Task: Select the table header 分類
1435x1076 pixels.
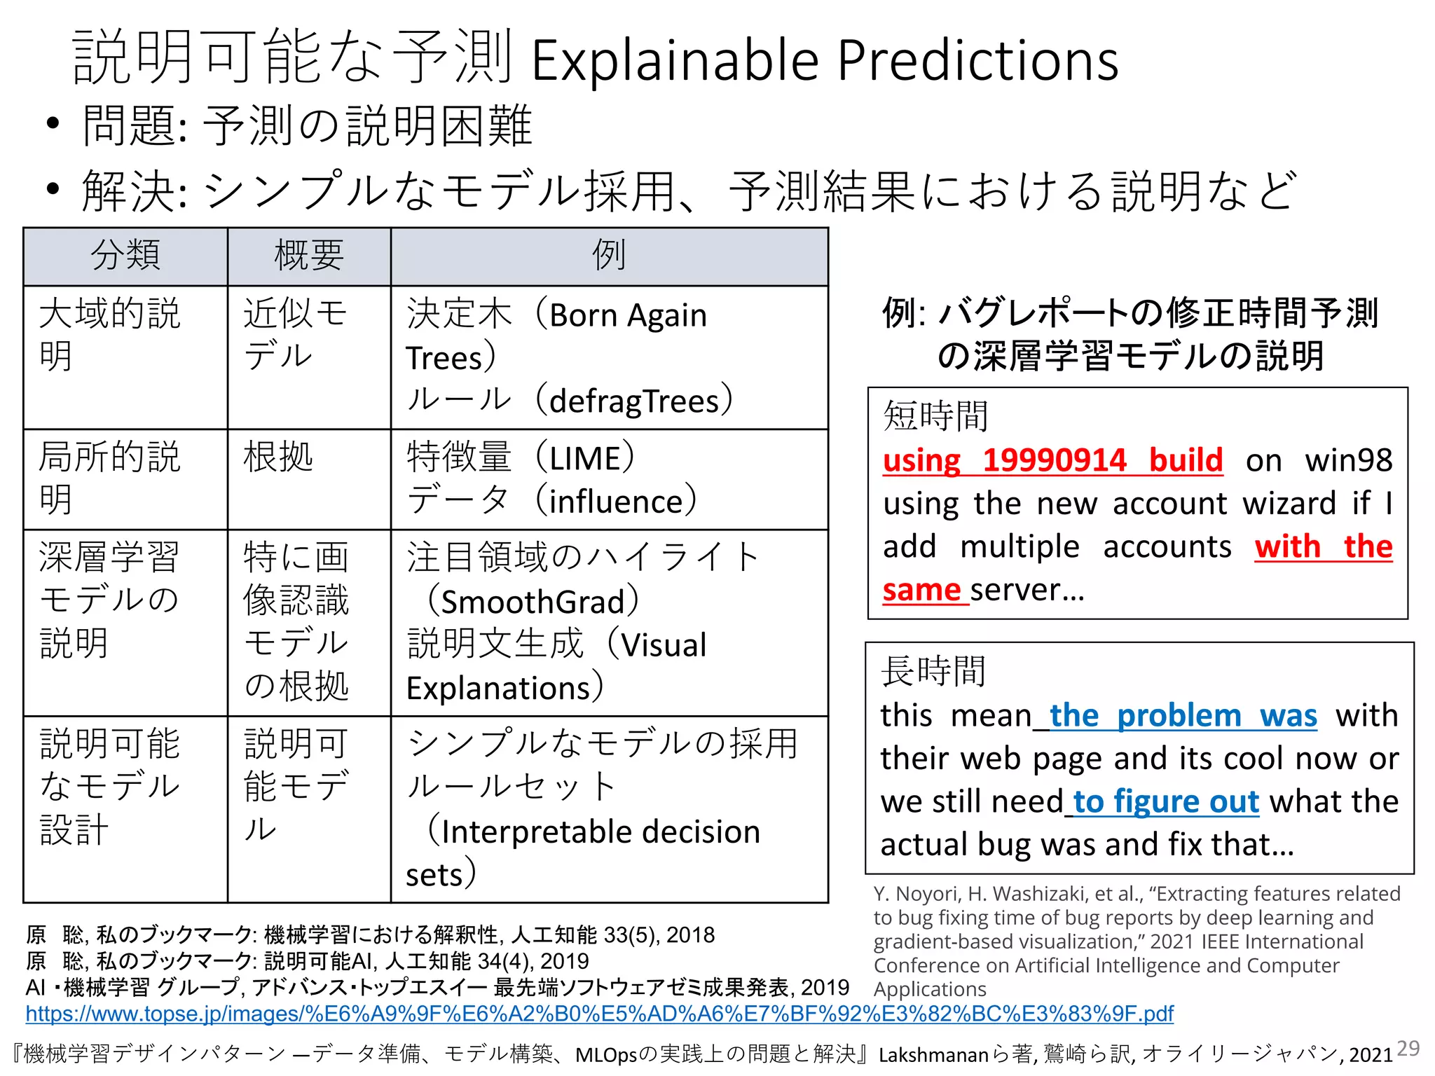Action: tap(125, 255)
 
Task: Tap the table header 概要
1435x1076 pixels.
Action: tap(309, 255)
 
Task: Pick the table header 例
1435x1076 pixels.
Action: tap(609, 255)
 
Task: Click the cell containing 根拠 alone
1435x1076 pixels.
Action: tap(278, 457)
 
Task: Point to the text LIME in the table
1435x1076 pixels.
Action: tap(586, 459)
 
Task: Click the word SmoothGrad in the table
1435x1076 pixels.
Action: tap(533, 602)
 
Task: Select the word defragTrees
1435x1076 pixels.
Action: tap(634, 401)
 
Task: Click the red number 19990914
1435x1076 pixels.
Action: tap(1054, 460)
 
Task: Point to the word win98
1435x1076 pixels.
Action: tap(1348, 460)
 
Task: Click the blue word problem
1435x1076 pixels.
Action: tap(1179, 716)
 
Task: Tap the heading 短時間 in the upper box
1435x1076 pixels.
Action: tap(935, 416)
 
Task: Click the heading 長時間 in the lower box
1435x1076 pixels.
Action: tap(933, 671)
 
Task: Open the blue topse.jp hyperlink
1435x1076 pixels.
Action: tap(599, 1014)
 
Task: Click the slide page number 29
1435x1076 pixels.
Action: tap(1408, 1048)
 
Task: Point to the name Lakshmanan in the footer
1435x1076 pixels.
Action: tap(933, 1055)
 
